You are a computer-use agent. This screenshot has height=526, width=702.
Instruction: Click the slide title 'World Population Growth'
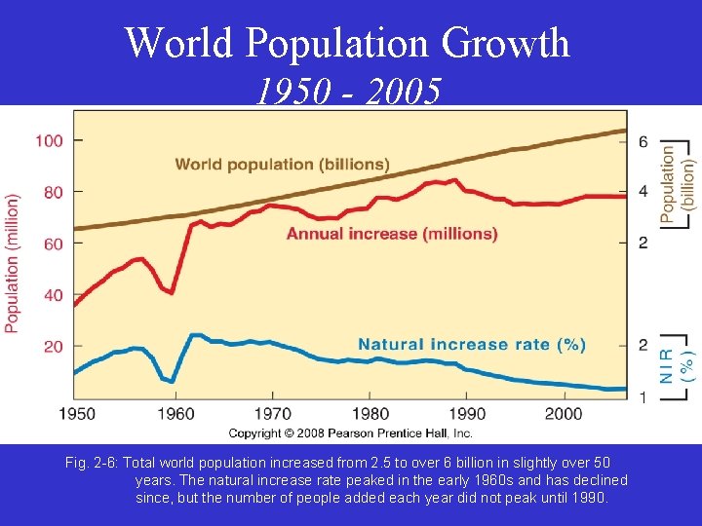347,43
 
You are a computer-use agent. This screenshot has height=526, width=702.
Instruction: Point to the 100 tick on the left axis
49,140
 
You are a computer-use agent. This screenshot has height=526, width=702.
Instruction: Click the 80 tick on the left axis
52,192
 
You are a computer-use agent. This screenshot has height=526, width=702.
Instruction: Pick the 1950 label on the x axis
76,414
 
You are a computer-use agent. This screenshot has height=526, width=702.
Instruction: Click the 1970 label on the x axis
274,414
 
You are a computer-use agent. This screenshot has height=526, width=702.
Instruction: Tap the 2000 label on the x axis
563,414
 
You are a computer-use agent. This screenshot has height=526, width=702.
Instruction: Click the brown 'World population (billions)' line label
282,164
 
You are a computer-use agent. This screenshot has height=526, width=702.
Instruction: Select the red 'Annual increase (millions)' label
392,234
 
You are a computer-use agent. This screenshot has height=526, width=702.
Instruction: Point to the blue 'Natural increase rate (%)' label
472,344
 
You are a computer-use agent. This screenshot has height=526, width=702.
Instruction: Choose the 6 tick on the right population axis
643,141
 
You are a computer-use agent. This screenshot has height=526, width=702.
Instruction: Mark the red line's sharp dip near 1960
172,291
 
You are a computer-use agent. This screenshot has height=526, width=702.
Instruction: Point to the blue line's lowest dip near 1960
172,382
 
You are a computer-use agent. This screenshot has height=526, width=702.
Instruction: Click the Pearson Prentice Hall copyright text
350,432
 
